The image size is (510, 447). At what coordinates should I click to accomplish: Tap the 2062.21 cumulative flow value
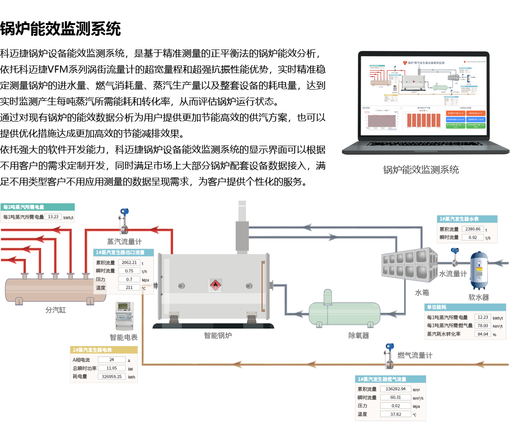129,263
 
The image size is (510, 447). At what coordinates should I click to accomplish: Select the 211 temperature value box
129,288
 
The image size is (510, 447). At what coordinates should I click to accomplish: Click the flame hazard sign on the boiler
215,285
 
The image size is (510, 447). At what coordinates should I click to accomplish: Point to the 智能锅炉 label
218,336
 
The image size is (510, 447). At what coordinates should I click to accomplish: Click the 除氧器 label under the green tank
358,336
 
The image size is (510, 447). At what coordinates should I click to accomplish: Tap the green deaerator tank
344,313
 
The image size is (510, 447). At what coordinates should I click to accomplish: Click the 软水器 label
478,298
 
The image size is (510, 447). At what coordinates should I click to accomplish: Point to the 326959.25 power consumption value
112,377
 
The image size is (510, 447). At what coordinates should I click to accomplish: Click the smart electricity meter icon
124,315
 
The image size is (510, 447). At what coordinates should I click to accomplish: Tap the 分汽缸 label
56,310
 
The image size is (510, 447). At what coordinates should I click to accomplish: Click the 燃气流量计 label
415,356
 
